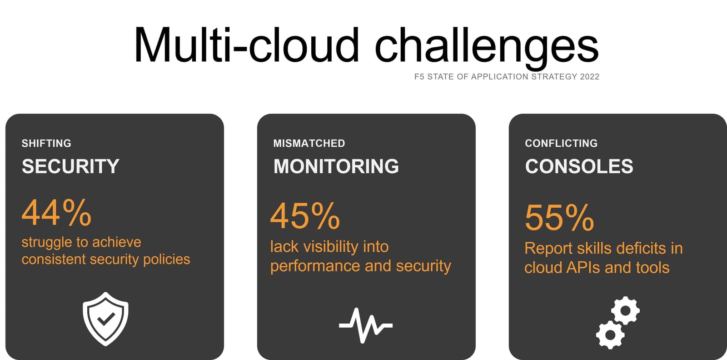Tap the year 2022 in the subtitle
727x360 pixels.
point(589,77)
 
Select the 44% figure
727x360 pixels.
point(56,212)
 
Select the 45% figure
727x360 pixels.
point(305,216)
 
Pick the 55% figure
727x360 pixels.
point(559,218)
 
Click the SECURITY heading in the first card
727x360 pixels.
point(70,166)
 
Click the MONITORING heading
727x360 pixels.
point(336,166)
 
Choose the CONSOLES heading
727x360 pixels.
point(579,166)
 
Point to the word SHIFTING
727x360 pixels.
point(46,143)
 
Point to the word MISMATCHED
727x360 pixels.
point(309,143)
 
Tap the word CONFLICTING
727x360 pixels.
point(561,143)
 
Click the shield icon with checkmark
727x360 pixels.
point(105,319)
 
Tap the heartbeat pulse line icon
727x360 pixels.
point(366,325)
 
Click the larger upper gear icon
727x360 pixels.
point(625,311)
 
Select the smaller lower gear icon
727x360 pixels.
point(610,335)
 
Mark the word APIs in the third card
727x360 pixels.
point(583,267)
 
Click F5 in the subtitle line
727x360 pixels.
point(419,77)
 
